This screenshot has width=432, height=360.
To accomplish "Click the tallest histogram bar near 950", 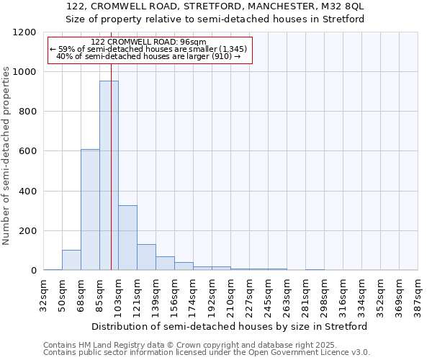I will pos(109,176).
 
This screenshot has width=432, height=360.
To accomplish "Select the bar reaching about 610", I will pos(90,210).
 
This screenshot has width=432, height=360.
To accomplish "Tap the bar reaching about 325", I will pos(127,238).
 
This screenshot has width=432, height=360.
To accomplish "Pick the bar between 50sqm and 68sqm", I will pos(71,260).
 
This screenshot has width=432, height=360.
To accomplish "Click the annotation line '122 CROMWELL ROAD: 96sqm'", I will pos(149,42).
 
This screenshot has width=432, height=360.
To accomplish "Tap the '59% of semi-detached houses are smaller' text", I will pos(148,49).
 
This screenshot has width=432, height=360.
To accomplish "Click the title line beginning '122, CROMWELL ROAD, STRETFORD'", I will pos(215,6).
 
